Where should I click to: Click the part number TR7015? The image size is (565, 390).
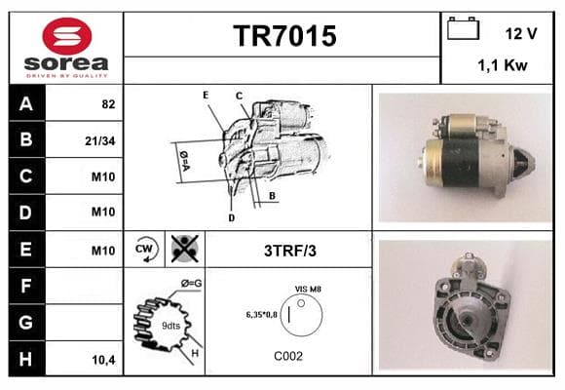(x=284, y=36)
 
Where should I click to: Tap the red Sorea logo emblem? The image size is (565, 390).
(x=67, y=36)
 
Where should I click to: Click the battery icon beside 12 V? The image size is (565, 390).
(x=463, y=28)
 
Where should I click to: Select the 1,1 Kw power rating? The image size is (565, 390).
(x=503, y=65)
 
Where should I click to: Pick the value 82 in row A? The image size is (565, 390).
(x=108, y=104)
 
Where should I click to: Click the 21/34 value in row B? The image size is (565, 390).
(x=99, y=140)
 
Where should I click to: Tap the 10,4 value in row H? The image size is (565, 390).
(x=103, y=360)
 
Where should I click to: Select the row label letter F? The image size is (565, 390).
(x=25, y=286)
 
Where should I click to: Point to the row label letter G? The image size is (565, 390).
(x=25, y=322)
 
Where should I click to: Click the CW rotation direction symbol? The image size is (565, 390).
(x=146, y=249)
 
